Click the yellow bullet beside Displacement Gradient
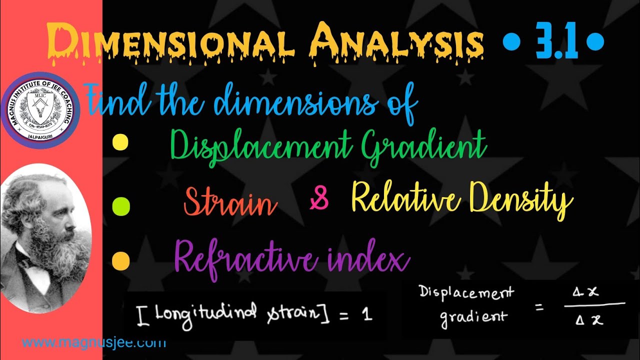click(120, 142)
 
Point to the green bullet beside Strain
click(121, 204)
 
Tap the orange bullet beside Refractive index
click(120, 260)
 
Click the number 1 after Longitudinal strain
click(367, 315)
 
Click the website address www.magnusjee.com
click(94, 343)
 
